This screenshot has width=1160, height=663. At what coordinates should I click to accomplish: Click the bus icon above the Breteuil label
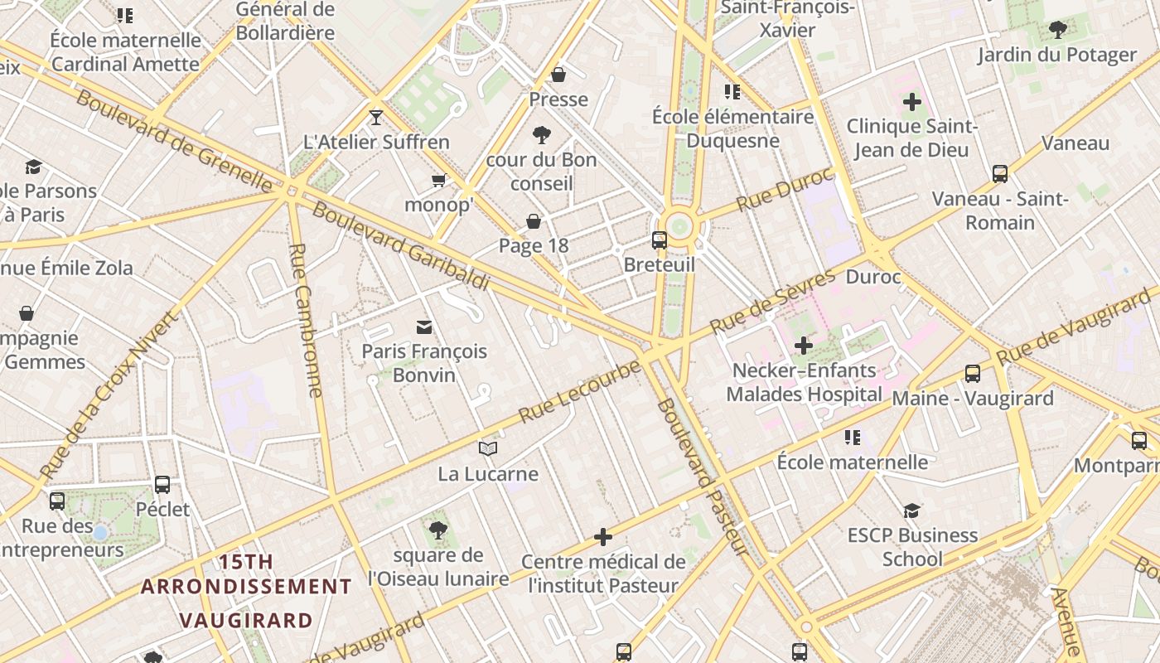660,240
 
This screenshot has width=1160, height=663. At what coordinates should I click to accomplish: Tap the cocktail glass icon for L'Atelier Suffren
376,117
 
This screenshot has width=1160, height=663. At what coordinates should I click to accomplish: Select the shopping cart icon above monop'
438,180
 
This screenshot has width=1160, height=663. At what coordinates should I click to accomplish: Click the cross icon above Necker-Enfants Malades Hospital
803,345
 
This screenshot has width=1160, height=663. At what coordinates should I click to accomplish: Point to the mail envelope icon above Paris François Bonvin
424,327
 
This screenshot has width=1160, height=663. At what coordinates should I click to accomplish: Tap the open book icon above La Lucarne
488,449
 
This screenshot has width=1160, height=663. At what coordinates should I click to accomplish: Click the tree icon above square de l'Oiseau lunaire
438,530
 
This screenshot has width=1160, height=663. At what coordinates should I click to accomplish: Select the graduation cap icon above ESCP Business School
911,511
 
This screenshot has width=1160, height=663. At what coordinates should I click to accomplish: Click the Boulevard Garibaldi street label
400,245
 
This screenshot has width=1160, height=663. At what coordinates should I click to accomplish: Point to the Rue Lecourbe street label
579,391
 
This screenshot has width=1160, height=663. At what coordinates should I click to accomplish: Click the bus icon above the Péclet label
162,485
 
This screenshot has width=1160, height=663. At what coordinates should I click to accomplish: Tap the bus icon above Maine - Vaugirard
973,374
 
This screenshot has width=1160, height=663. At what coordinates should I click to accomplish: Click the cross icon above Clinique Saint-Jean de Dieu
912,102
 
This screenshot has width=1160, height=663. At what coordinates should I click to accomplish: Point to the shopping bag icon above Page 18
534,221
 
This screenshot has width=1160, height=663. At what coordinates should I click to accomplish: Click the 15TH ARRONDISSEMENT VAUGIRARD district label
246,591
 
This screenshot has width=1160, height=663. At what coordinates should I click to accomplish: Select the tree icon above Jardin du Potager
1057,30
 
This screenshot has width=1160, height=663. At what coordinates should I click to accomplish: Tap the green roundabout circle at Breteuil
679,225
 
